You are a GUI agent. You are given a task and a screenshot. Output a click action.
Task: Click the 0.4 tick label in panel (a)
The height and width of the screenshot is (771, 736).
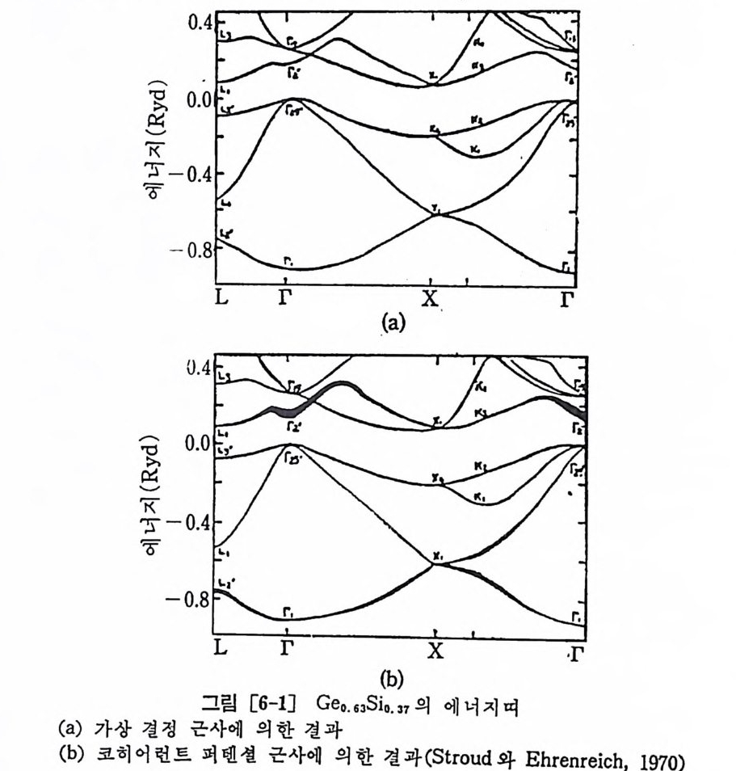(196, 22)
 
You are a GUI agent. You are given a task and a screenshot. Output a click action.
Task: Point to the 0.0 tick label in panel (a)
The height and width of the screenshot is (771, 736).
(196, 99)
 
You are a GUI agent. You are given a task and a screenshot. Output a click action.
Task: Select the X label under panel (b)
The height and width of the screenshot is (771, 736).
(435, 649)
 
